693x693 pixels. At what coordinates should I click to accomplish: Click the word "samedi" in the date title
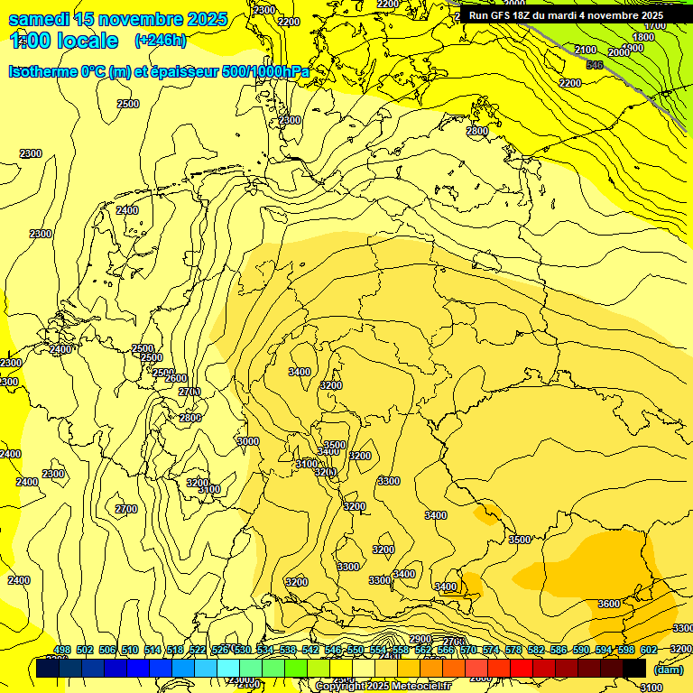coord(40,19)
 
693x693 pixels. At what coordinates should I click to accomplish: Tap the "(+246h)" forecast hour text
coord(160,40)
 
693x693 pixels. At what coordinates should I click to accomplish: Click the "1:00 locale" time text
coord(64,41)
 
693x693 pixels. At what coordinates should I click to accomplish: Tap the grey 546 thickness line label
coord(594,64)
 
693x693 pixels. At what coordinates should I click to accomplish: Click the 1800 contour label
coord(642,37)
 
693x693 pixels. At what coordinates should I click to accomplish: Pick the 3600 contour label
coord(609,604)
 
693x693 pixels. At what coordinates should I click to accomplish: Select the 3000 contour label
coord(247,440)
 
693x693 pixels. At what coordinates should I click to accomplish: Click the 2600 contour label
coord(176,378)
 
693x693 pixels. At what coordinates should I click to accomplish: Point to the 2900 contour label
coord(420,639)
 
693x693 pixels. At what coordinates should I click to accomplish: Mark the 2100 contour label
coord(585,50)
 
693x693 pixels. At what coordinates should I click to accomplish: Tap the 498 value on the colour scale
coord(62,650)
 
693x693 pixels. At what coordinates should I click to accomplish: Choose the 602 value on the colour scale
coord(649,650)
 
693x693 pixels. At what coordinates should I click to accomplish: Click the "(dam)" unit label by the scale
coord(669,669)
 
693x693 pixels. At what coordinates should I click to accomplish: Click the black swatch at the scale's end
coord(634,668)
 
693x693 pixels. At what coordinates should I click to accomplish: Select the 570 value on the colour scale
coord(468,650)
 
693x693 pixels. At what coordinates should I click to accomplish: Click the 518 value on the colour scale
coord(175,650)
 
